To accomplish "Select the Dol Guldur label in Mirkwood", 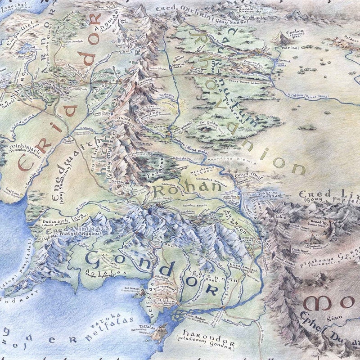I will click(208, 122).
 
